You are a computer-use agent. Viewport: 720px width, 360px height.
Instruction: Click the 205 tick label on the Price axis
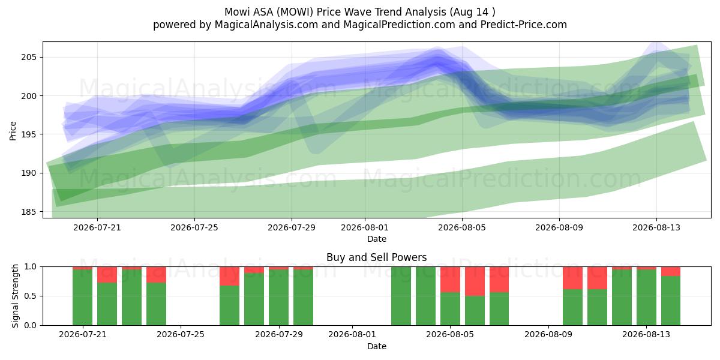(29, 57)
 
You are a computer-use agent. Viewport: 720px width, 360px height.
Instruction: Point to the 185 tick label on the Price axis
(29, 212)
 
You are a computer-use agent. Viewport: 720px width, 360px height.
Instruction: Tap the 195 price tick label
(29, 134)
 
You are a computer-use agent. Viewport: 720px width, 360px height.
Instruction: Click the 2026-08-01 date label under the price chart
(365, 227)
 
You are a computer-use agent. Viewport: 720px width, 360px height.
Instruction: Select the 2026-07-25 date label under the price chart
(194, 227)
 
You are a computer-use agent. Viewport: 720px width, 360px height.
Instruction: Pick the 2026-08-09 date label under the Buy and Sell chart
(548, 335)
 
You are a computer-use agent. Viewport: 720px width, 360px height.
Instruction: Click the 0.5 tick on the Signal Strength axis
(30, 296)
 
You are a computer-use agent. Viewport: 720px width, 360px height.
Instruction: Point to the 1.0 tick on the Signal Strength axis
(30, 267)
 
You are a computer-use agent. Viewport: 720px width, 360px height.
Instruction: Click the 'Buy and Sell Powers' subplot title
(376, 257)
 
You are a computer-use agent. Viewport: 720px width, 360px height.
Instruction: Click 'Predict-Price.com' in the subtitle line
(524, 25)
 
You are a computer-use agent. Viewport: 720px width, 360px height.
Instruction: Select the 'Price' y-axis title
(13, 131)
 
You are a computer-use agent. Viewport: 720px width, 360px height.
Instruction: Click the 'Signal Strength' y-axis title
(15, 296)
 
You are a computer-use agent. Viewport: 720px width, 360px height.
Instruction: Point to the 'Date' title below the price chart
(377, 239)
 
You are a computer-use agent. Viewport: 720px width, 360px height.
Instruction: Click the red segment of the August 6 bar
(475, 281)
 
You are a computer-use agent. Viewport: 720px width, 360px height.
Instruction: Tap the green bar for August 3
(401, 296)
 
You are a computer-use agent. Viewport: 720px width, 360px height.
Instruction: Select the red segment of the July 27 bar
(229, 276)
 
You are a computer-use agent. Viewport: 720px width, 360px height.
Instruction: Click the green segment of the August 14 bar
(671, 301)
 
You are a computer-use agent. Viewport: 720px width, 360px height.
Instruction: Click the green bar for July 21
(82, 298)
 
